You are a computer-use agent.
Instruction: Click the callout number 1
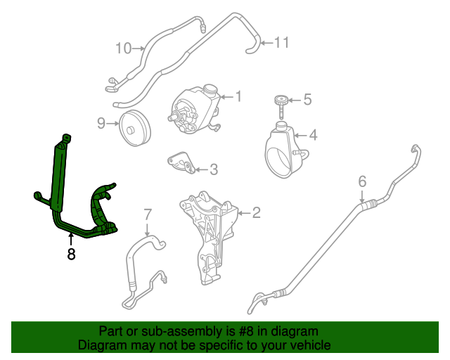coord(239,96)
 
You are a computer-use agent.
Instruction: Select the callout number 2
coord(257,211)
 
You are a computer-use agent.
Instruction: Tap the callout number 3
coord(214,169)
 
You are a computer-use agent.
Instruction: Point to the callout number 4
coord(313,134)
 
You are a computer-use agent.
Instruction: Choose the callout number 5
coord(307,101)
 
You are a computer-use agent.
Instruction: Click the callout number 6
coord(362,182)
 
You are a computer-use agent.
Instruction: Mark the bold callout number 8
coord(71,254)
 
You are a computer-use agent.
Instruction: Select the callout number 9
coord(101,124)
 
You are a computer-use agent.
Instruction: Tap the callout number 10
coord(123,48)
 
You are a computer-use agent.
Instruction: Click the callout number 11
coord(281,43)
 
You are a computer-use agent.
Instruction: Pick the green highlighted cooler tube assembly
coord(60,183)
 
